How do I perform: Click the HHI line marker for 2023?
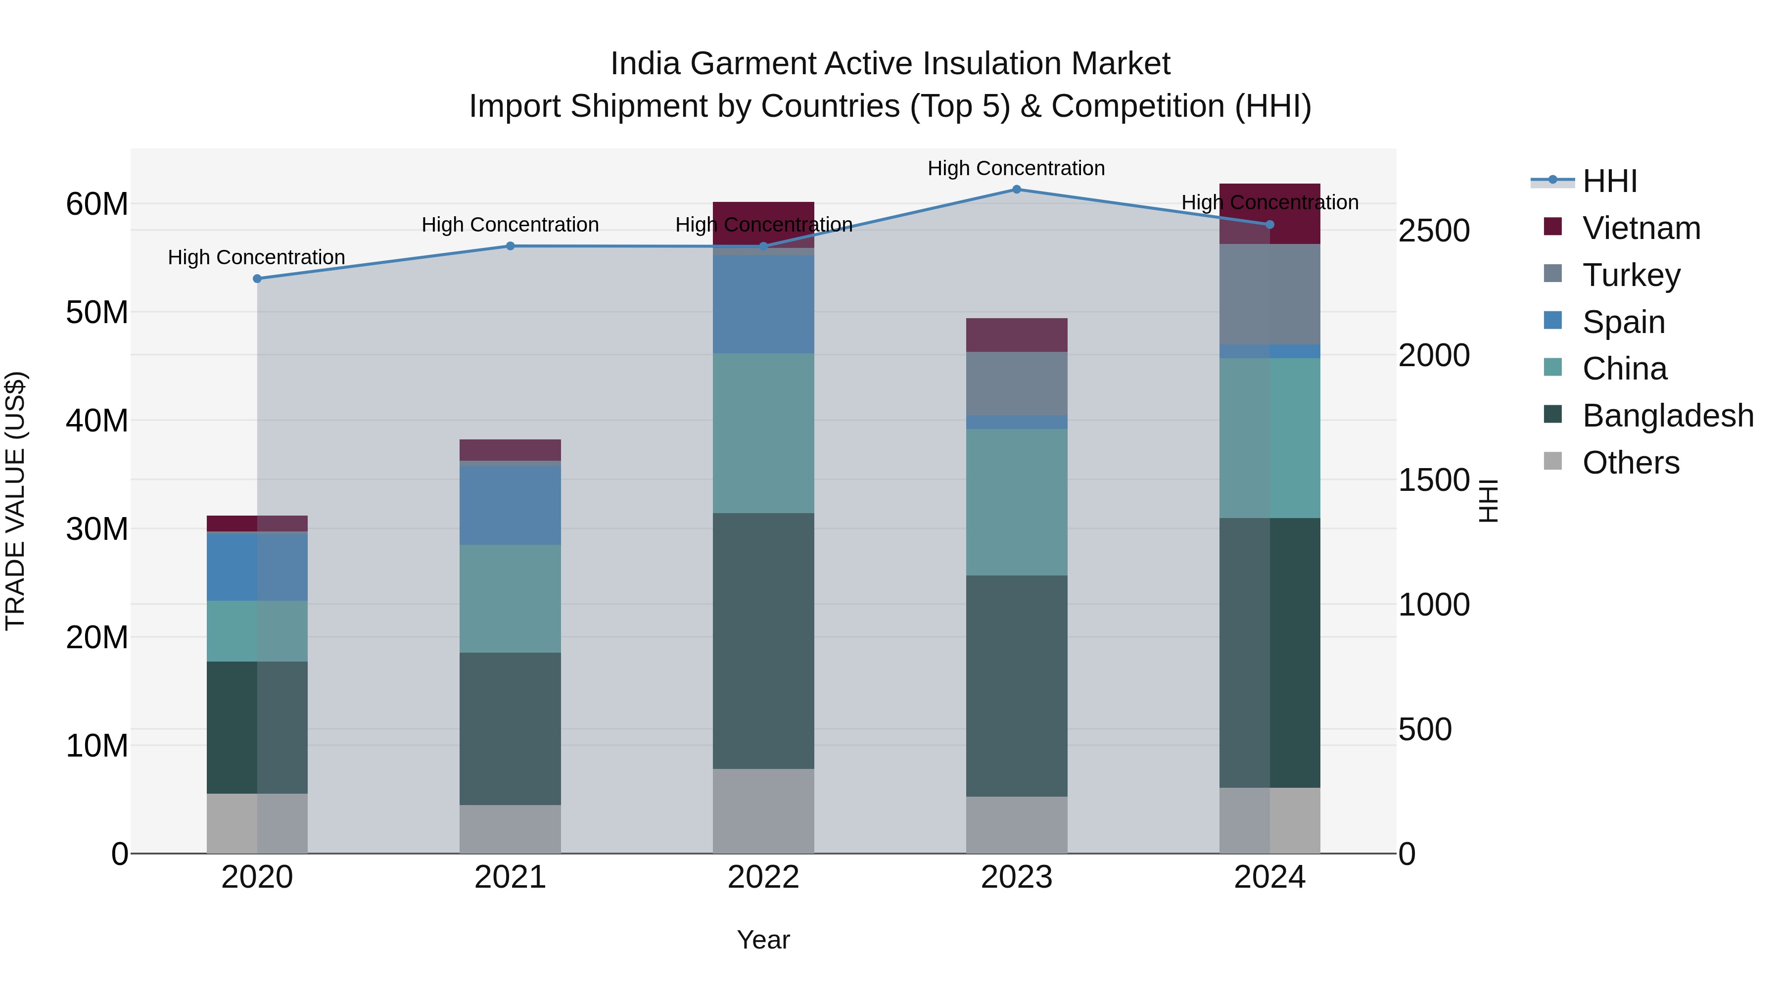click(x=1016, y=190)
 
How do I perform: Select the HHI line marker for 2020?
click(x=257, y=279)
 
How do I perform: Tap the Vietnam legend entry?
click(x=1640, y=228)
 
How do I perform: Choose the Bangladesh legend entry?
click(x=1667, y=416)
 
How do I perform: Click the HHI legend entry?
click(x=1609, y=181)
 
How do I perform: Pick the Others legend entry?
click(x=1630, y=463)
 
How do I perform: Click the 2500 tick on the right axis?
click(x=1433, y=231)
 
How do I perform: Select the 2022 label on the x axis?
click(x=763, y=877)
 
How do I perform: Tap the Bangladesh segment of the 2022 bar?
click(x=763, y=640)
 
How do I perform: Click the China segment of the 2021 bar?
click(x=510, y=599)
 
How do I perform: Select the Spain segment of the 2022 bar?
click(x=763, y=304)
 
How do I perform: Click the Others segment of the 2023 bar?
click(x=1016, y=825)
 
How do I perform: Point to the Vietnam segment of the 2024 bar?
click(x=1269, y=214)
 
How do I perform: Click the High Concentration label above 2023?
click(x=1016, y=169)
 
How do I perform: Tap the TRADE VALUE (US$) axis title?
click(x=15, y=501)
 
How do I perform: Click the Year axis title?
click(x=763, y=940)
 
